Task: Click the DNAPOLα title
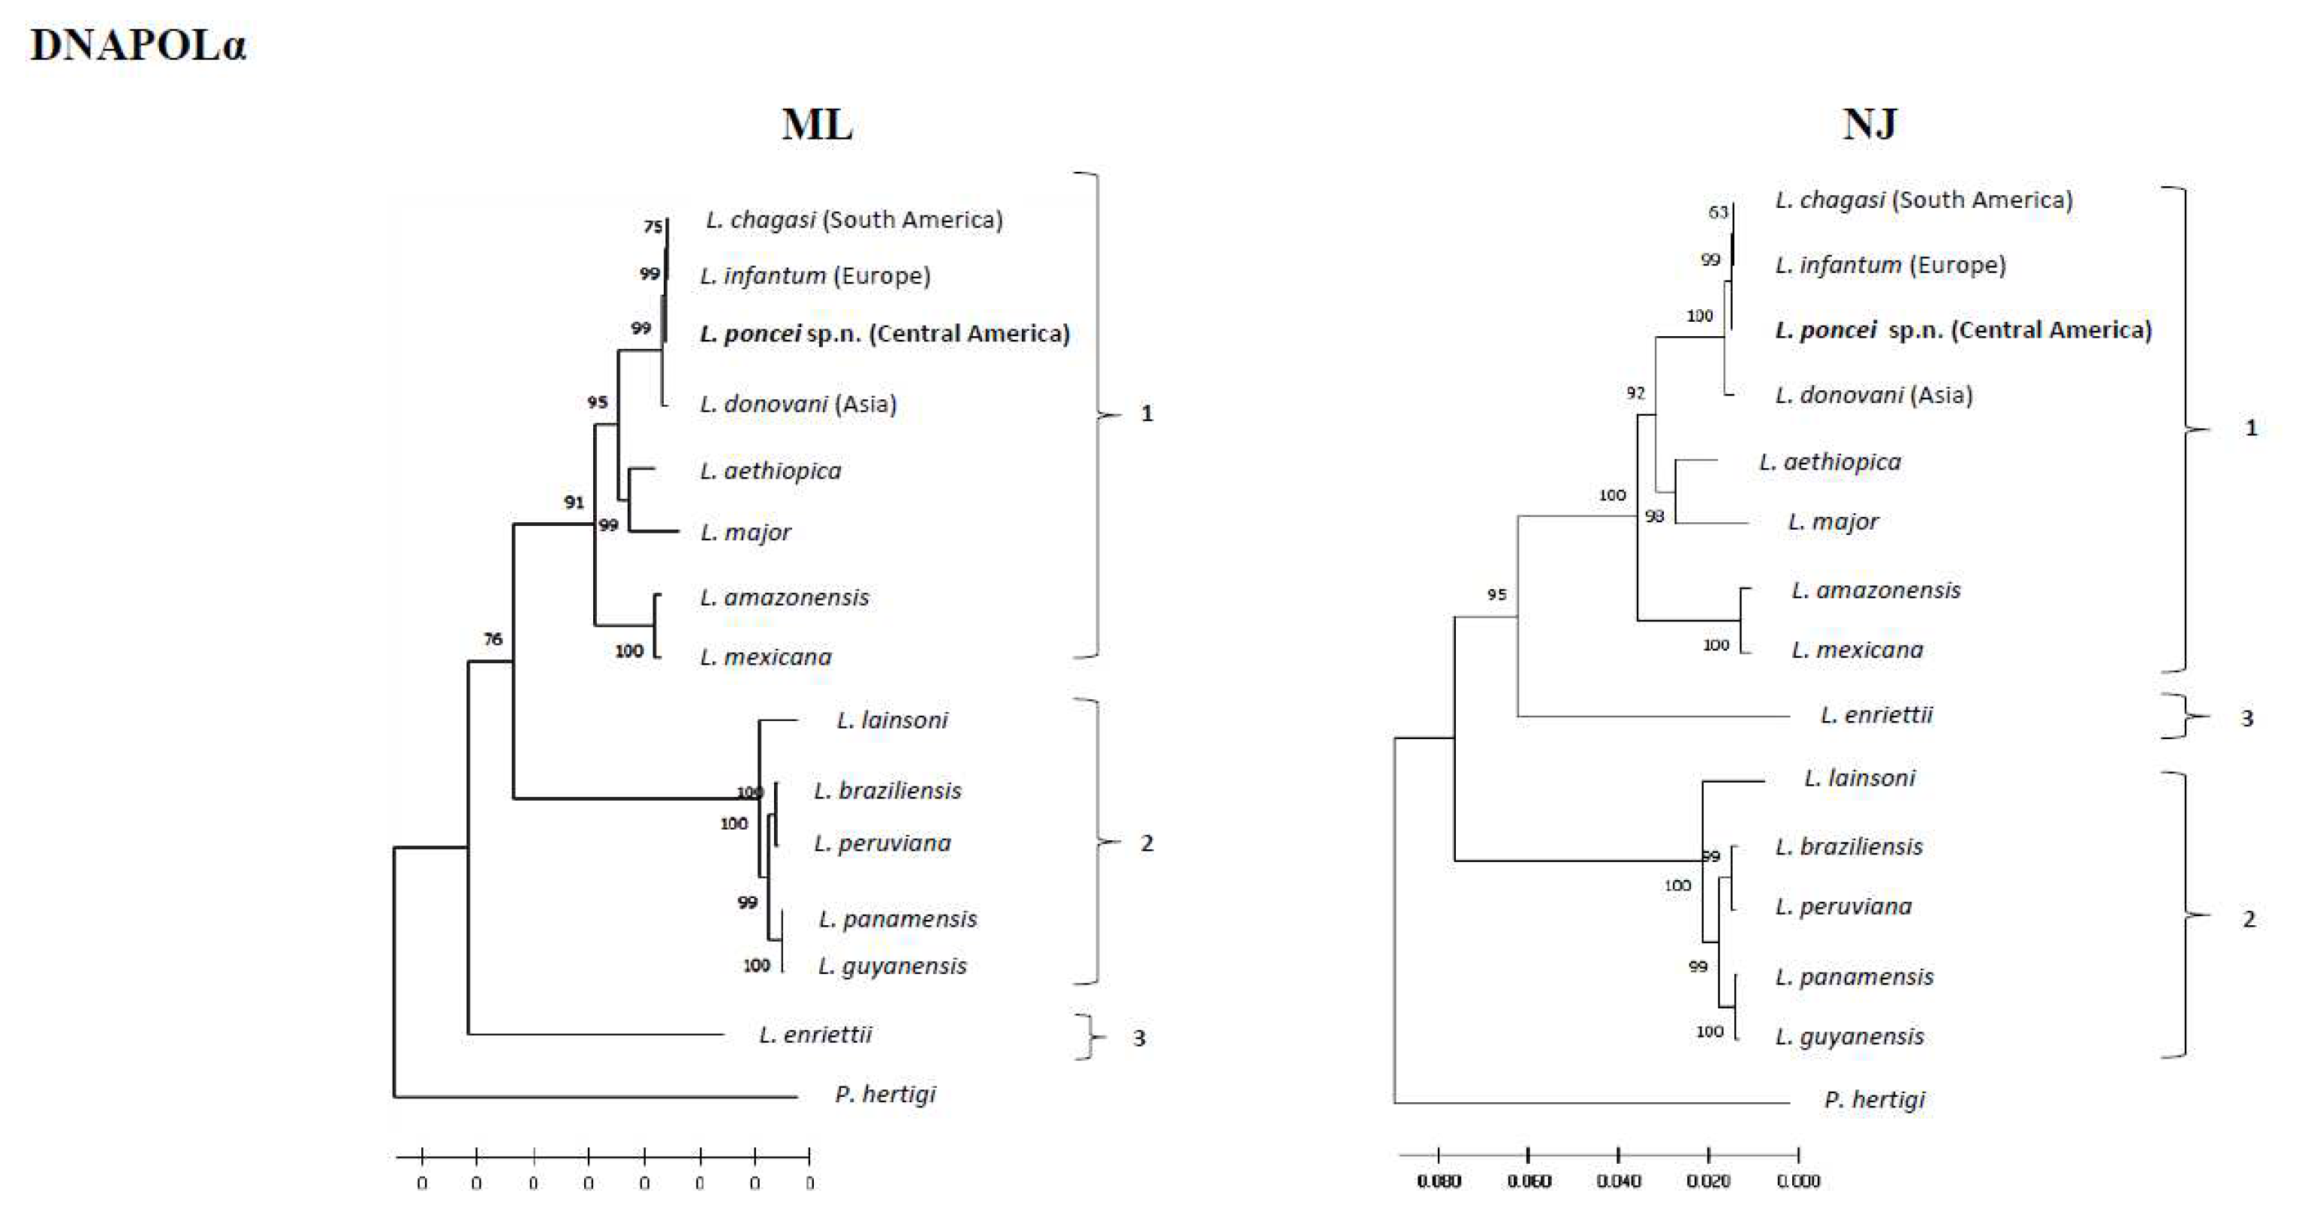(138, 45)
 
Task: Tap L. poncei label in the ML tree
(884, 334)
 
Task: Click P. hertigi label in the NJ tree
(1875, 1099)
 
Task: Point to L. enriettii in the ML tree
(815, 1035)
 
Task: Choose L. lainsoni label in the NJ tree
(1859, 778)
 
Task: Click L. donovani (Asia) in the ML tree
(798, 404)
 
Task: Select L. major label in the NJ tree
(1833, 521)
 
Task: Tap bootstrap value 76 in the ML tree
(493, 639)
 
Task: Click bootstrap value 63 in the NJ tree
(1718, 212)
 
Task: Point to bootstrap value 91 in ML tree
(574, 503)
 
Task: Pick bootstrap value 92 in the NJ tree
(1636, 392)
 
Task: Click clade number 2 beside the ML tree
(1146, 843)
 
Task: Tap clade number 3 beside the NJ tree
(2247, 718)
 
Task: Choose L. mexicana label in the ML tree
(766, 657)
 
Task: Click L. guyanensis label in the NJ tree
(1849, 1037)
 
